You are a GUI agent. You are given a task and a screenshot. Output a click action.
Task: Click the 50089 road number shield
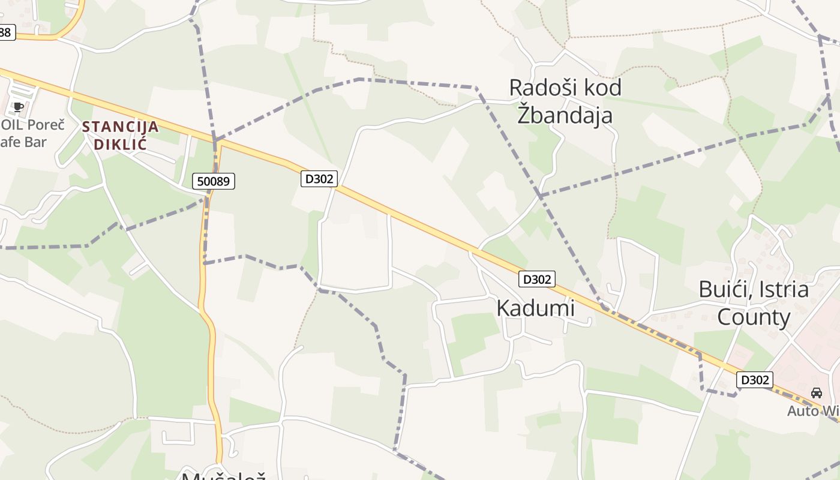(x=214, y=181)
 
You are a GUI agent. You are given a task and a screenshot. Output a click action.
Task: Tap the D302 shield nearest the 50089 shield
(x=319, y=178)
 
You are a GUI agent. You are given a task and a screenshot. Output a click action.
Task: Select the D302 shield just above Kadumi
(x=536, y=279)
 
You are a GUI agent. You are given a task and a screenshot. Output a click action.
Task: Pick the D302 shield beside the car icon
(x=754, y=380)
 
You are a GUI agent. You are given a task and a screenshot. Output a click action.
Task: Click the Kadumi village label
(x=535, y=308)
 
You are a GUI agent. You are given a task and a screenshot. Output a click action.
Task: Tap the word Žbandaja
(x=565, y=114)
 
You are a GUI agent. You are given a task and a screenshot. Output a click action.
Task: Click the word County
(x=754, y=317)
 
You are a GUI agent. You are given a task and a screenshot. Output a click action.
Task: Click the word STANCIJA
(x=121, y=127)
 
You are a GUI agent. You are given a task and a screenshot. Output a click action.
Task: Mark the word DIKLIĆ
(x=121, y=144)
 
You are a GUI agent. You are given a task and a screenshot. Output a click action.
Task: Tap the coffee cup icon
(x=19, y=107)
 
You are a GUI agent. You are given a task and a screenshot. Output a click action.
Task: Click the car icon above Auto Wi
(x=816, y=393)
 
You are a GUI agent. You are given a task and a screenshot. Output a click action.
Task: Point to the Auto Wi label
(x=813, y=411)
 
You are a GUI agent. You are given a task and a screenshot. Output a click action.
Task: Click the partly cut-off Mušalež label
(x=223, y=475)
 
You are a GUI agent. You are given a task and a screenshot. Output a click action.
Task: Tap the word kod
(x=604, y=88)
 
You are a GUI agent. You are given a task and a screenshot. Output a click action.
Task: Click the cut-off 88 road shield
(x=5, y=32)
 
